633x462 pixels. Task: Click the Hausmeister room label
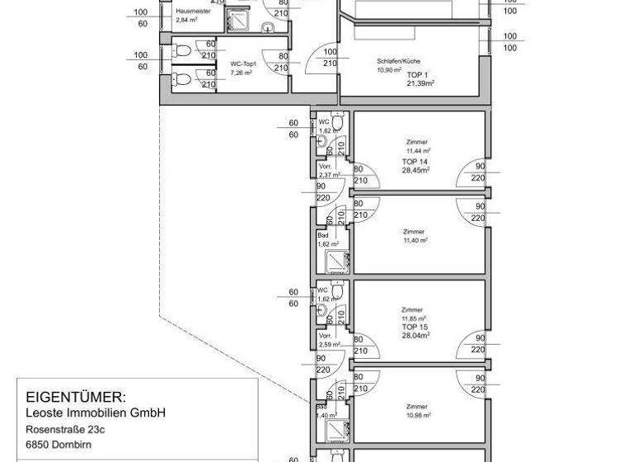pyautogui.click(x=194, y=12)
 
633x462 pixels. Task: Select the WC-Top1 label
pyautogui.click(x=243, y=64)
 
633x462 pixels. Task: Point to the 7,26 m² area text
pyautogui.click(x=241, y=73)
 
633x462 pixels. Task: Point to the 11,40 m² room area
pyautogui.click(x=415, y=240)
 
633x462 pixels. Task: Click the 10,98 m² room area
pyautogui.click(x=419, y=415)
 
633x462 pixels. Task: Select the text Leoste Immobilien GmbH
pyautogui.click(x=96, y=412)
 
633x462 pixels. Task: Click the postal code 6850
pyautogui.click(x=39, y=445)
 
